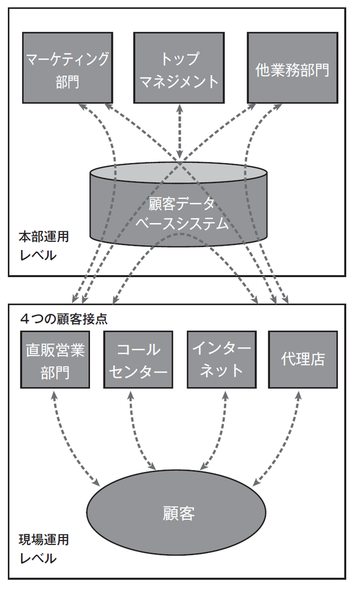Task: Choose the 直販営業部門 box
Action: tap(55, 360)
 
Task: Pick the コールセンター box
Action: tap(139, 360)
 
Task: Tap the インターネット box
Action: tap(222, 360)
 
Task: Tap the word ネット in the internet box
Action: tap(221, 370)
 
